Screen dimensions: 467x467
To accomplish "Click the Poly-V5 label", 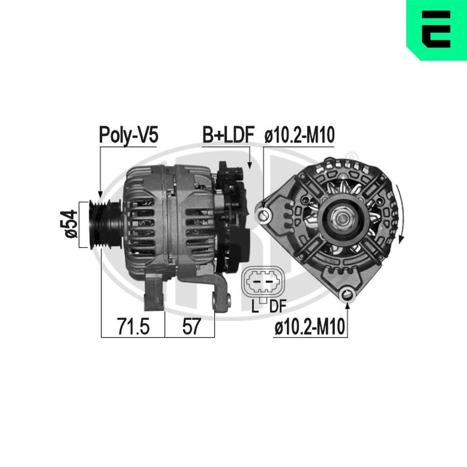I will coord(128,135).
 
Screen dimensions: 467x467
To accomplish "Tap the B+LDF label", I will coord(227,135).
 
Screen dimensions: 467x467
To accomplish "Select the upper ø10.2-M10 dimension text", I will coord(299,135).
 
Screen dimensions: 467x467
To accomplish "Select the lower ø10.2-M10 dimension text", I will coord(310,328).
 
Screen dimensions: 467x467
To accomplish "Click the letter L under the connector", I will coord(255,307).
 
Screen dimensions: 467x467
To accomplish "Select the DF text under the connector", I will coord(277,307).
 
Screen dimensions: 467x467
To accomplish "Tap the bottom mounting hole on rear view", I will coord(347,294).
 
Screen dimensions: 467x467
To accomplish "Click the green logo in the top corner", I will coord(437,30).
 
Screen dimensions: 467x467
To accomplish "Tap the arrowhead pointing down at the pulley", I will coord(99,192).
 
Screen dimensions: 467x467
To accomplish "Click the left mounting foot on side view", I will coord(154,294).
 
